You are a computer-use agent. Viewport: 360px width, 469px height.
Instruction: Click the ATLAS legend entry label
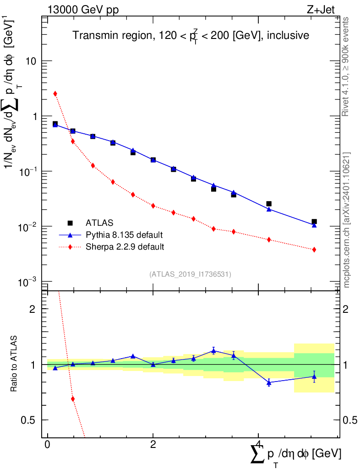tap(99, 223)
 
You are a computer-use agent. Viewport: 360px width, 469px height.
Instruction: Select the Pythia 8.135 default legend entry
tap(124, 235)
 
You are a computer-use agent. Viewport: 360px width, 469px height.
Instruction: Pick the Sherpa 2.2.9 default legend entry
tap(125, 247)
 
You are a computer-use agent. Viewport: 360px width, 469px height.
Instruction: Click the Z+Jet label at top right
tap(321, 10)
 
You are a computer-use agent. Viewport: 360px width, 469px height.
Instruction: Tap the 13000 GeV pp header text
tap(83, 10)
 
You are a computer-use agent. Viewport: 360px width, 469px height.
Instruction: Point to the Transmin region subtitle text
tap(191, 36)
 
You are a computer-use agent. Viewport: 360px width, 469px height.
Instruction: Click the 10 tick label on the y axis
tap(31, 61)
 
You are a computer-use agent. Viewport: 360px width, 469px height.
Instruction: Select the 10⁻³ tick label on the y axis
tap(27, 282)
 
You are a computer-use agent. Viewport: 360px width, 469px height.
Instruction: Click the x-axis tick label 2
tap(153, 444)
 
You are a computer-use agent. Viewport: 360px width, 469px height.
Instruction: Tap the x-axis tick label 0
tap(48, 444)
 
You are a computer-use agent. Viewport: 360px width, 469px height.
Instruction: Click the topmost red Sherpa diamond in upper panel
tap(55, 93)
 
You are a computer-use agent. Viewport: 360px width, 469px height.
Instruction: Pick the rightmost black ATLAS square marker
tap(314, 222)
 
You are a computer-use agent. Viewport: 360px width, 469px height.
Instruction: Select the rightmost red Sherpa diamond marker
tap(314, 250)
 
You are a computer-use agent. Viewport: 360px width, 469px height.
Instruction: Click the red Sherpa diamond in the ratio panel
tap(73, 399)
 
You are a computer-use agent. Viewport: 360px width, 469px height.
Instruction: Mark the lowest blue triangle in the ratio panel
tap(269, 382)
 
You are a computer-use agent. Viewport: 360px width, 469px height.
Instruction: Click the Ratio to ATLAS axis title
tap(14, 364)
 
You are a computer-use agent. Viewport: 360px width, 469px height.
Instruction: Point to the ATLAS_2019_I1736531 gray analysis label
tap(190, 274)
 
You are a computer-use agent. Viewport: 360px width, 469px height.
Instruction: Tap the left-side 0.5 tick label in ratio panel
tap(28, 420)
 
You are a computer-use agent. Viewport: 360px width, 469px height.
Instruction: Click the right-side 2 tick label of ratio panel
tap(345, 309)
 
